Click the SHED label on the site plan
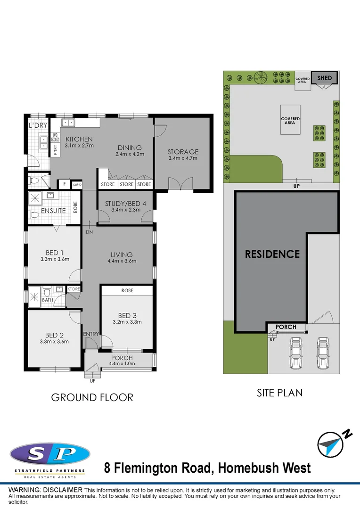click(324, 78)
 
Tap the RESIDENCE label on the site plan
click(272, 254)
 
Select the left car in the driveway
click(295, 353)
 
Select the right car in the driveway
click(322, 353)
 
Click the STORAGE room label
click(183, 152)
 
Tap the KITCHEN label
click(79, 139)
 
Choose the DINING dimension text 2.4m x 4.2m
click(130, 154)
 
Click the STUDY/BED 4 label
click(125, 204)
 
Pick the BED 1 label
click(55, 253)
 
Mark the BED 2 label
click(55, 335)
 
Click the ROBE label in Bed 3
click(127, 291)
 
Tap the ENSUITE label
click(53, 211)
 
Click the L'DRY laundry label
click(37, 125)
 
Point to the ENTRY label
click(91, 334)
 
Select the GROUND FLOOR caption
click(92, 397)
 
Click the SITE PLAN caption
click(279, 392)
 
